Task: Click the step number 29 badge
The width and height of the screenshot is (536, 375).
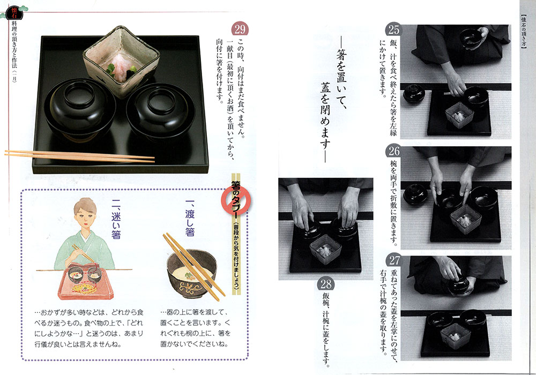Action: (240, 29)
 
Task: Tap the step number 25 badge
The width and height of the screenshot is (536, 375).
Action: (394, 29)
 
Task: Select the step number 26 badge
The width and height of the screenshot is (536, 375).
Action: (394, 151)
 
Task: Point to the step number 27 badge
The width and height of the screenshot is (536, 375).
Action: (394, 260)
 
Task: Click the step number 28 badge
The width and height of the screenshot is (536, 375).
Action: (326, 284)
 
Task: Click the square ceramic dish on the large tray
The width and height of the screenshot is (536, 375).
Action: (121, 62)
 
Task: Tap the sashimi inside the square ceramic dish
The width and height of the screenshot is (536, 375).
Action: (120, 66)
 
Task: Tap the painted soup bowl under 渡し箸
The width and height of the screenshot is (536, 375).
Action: (191, 273)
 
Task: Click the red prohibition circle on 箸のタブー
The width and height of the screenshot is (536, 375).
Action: (236, 201)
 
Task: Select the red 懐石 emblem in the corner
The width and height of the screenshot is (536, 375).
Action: (14, 12)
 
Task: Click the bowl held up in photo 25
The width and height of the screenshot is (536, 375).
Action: (471, 38)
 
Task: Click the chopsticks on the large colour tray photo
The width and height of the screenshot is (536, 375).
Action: (79, 156)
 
